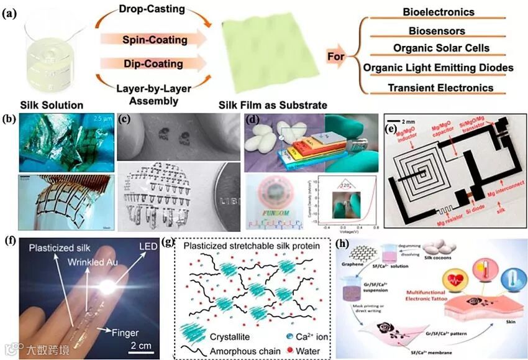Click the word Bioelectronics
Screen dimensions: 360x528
click(x=439, y=12)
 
